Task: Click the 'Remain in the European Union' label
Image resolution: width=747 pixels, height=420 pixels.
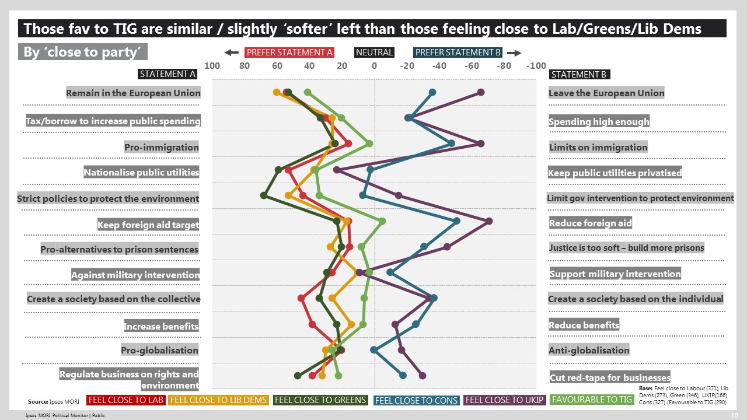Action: (133, 93)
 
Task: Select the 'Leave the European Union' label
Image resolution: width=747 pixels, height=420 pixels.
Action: (606, 93)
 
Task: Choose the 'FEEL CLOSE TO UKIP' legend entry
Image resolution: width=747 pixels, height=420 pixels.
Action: (505, 400)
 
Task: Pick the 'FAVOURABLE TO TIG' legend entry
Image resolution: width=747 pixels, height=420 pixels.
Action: (592, 400)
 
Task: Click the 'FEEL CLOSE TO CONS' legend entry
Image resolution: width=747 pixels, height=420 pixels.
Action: (416, 400)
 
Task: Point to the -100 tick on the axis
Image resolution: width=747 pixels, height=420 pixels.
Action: (536, 66)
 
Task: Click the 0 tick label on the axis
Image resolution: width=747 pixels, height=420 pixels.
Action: (375, 66)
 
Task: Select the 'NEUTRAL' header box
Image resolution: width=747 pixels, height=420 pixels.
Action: (374, 52)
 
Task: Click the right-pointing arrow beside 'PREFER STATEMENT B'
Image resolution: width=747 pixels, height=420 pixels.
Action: (514, 52)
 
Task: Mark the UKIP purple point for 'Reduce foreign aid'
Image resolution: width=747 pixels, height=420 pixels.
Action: (489, 221)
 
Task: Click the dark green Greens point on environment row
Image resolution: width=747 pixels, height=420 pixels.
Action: (264, 195)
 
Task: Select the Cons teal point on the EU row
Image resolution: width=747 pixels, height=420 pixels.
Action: (432, 92)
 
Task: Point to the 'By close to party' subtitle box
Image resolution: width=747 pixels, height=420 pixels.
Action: (82, 52)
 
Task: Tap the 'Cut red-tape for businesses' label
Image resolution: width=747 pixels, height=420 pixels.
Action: (610, 377)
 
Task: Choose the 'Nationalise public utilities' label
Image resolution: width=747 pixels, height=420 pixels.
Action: (141, 173)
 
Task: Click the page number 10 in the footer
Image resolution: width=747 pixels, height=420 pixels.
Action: (734, 415)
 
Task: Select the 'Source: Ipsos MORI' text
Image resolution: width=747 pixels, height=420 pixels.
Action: (54, 401)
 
